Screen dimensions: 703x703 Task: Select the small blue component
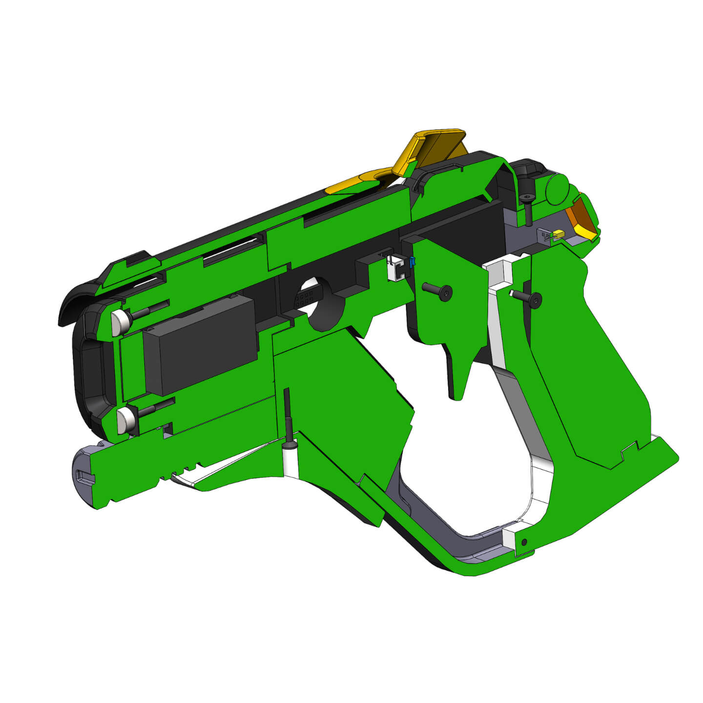413,263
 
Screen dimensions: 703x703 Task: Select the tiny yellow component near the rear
558,234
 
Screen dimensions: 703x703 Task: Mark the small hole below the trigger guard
524,542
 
